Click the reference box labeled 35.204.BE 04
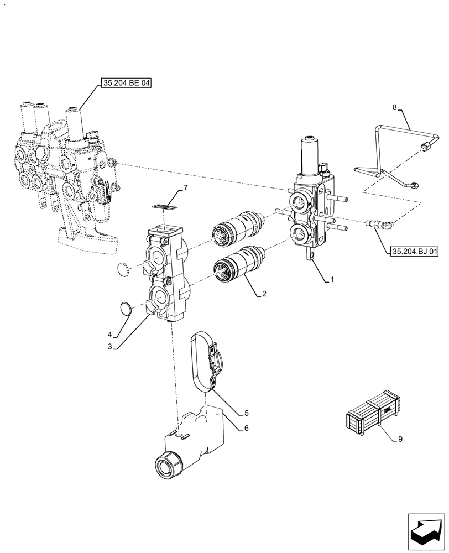(126, 84)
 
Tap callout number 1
(332, 280)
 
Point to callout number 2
(264, 294)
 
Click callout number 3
(110, 347)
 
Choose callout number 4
(110, 335)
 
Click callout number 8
(394, 108)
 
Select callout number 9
(400, 439)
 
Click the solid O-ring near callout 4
(127, 309)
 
